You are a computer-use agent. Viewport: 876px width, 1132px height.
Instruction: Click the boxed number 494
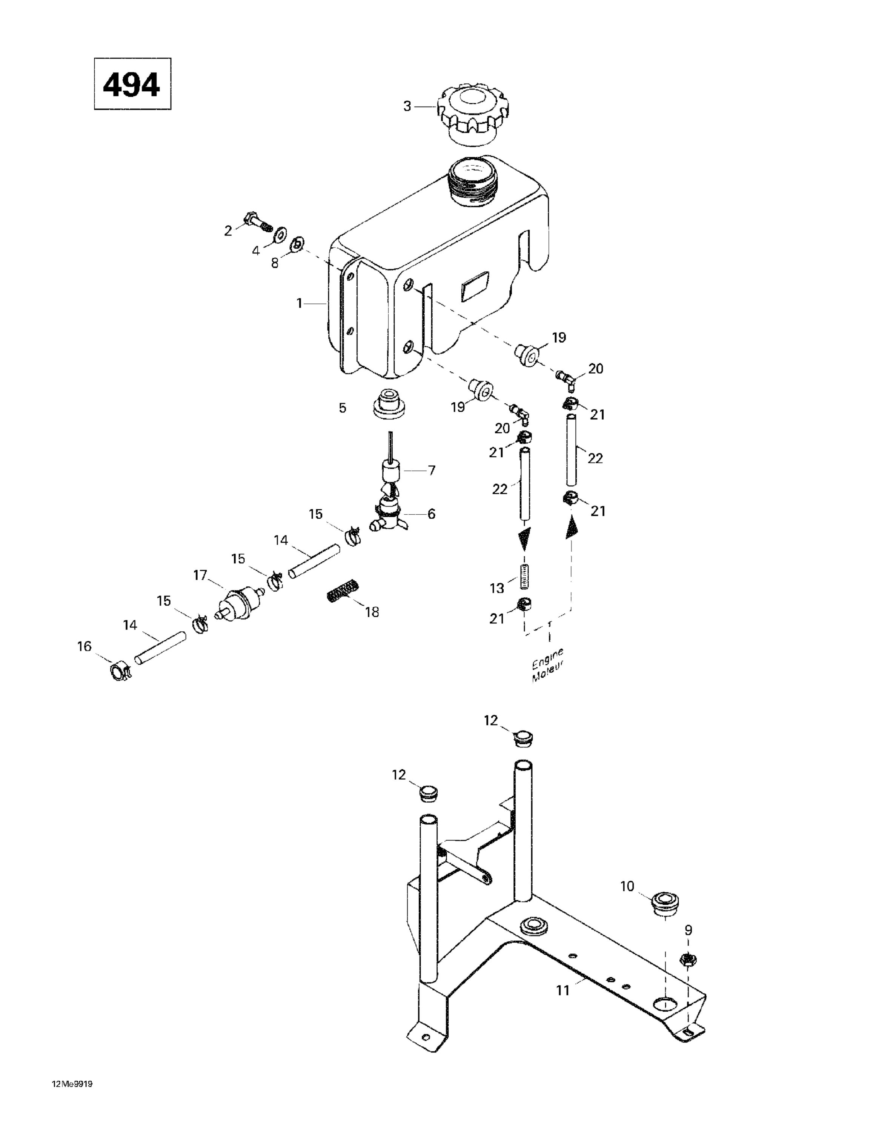[x=132, y=84]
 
